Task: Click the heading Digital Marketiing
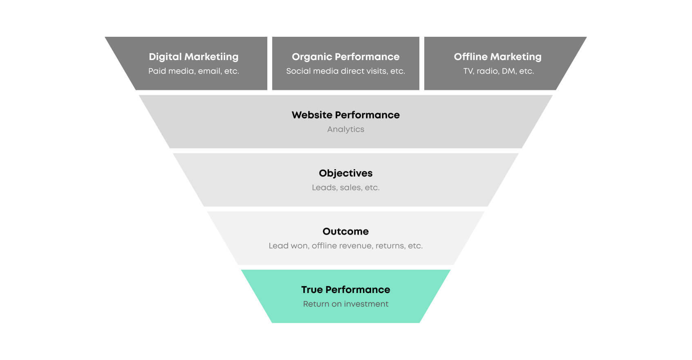pyautogui.click(x=193, y=57)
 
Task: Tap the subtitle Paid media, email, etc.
pyautogui.click(x=193, y=71)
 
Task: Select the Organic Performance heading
pyautogui.click(x=345, y=57)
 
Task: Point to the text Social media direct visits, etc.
pyautogui.click(x=345, y=71)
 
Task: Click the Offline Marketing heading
pyautogui.click(x=497, y=57)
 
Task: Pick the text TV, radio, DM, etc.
pyautogui.click(x=498, y=71)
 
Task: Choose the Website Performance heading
pyautogui.click(x=345, y=115)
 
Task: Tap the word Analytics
pyautogui.click(x=345, y=129)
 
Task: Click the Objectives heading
pyautogui.click(x=345, y=173)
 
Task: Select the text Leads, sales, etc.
pyautogui.click(x=345, y=188)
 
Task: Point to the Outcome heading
pyautogui.click(x=345, y=231)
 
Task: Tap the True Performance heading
pyautogui.click(x=345, y=290)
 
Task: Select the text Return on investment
pyautogui.click(x=345, y=304)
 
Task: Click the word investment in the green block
pyautogui.click(x=366, y=304)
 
